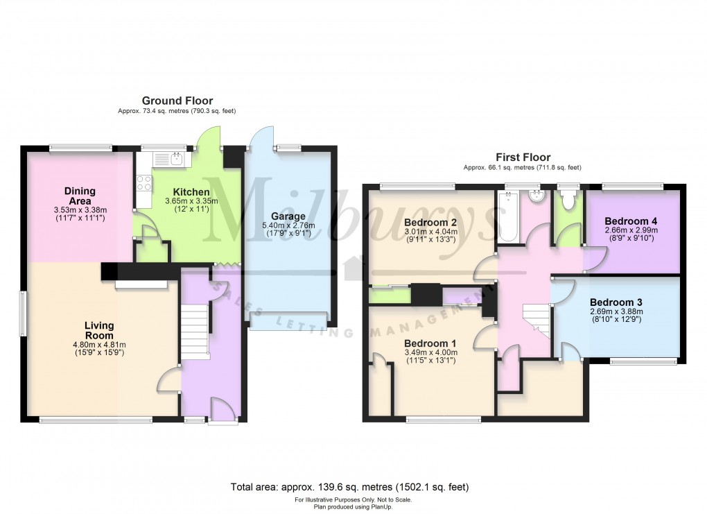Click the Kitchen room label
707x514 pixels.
191,191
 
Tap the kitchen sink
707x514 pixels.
168,159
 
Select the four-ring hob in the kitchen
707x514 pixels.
144,182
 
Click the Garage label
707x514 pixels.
288,216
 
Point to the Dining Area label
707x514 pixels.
80,196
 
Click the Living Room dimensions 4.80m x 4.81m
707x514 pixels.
99,344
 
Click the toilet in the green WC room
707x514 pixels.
567,198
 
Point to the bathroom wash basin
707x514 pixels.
537,196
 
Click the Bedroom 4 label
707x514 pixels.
630,221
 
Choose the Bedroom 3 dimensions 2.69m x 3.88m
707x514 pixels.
616,311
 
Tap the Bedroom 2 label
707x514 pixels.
430,223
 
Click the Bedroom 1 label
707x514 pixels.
430,343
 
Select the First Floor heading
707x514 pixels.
523,157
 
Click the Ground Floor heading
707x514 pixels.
177,101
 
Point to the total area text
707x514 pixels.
349,487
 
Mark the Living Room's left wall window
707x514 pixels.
21,313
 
